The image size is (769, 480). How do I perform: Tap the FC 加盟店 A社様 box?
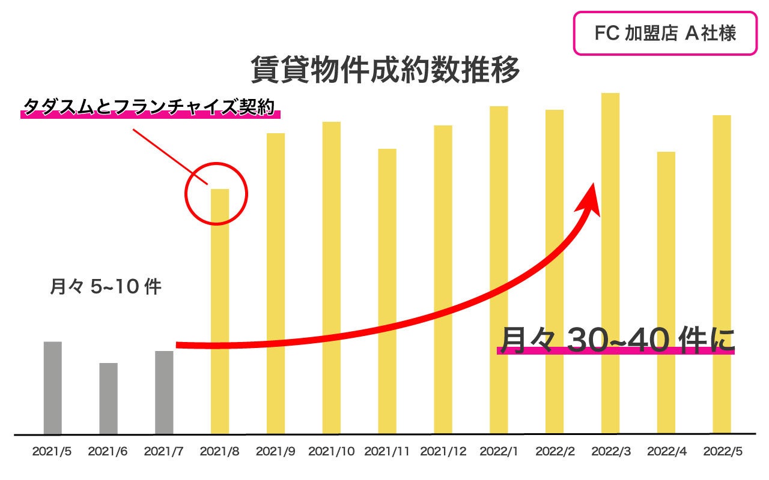tap(664, 34)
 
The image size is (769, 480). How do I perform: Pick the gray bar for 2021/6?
tap(109, 398)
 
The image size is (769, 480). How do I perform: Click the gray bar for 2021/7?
tap(164, 392)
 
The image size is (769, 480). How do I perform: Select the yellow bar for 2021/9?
tap(276, 282)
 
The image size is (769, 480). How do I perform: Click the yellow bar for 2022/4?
tap(666, 294)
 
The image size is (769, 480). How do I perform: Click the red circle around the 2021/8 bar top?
tap(216, 164)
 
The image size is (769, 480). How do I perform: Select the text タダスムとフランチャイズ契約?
tap(149, 107)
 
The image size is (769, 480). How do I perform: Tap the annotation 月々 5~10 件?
tap(105, 287)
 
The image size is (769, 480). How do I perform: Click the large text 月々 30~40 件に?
tap(616, 340)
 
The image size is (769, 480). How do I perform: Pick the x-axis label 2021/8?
tap(219, 452)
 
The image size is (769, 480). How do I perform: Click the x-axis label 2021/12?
tap(443, 452)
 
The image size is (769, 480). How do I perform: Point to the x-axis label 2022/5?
tap(722, 452)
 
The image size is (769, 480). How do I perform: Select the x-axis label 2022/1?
tap(499, 452)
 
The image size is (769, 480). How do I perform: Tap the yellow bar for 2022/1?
tap(499, 270)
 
